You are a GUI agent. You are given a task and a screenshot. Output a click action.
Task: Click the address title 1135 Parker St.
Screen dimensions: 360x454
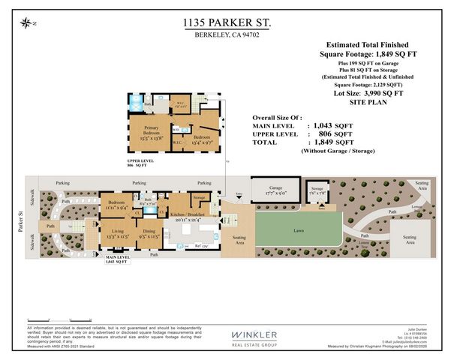point(227,23)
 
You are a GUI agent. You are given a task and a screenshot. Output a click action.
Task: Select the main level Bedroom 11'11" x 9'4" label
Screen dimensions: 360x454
point(116,205)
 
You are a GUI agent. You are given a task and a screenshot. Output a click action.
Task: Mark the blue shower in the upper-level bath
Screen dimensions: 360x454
point(137,103)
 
